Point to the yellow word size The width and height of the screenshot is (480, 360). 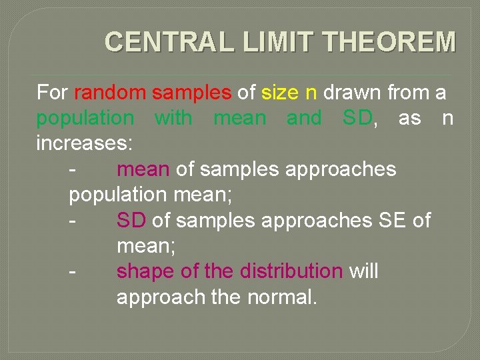pos(281,92)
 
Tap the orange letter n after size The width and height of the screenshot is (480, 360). pos(311,92)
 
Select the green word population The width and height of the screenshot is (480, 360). pos(85,118)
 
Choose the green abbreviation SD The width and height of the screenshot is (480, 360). pos(357,118)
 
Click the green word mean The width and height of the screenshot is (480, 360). pos(238,118)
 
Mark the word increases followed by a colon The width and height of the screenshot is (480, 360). pos(85,143)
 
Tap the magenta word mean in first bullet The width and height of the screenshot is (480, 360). pos(143,169)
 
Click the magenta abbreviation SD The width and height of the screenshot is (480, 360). pos(131,220)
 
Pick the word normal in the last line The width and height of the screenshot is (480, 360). pos(281,297)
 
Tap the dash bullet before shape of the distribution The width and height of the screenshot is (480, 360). pos(72,271)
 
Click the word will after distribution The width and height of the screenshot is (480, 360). pos(363,271)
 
